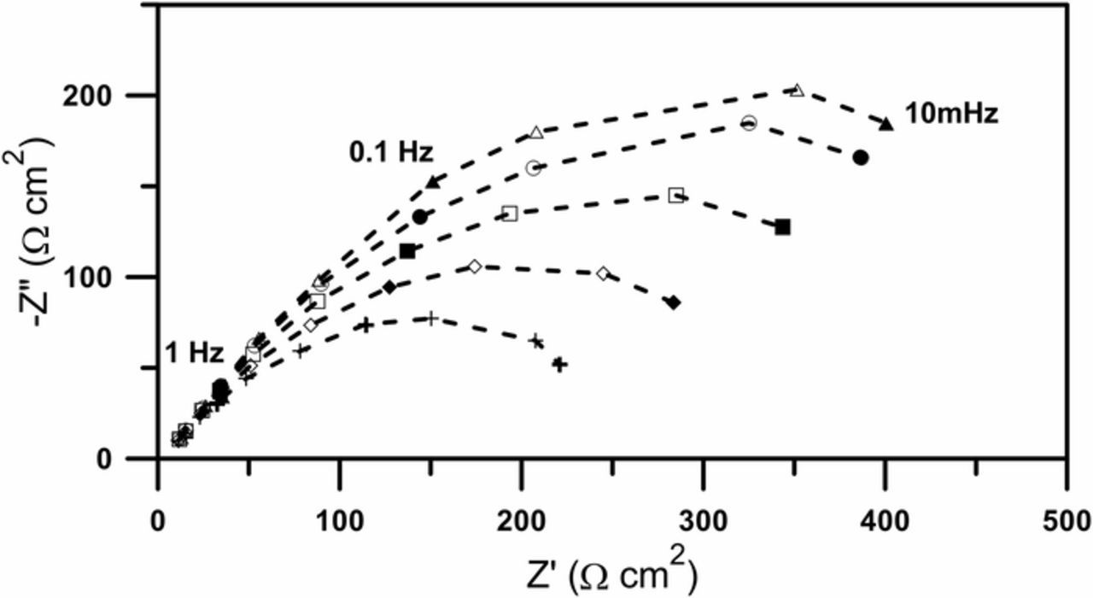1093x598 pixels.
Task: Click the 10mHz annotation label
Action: click(951, 114)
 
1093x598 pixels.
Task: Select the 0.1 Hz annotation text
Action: click(391, 153)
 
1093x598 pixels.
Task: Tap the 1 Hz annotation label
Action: click(194, 353)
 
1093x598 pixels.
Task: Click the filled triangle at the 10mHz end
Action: click(886, 125)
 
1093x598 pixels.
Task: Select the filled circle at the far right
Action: click(861, 157)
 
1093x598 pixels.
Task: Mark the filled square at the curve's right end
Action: click(782, 227)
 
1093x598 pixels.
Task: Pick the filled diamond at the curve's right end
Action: click(673, 302)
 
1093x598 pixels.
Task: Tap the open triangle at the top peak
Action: click(797, 90)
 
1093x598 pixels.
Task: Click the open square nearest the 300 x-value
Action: click(676, 196)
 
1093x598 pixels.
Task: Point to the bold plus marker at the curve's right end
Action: click(559, 365)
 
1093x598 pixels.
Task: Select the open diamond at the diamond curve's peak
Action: click(475, 267)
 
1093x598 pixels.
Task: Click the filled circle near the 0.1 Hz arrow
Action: click(419, 217)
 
